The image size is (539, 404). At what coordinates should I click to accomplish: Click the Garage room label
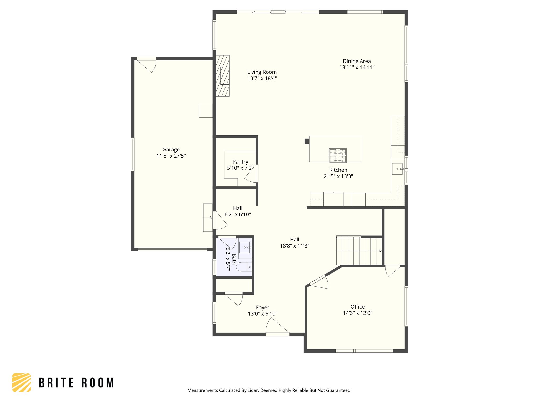click(171, 150)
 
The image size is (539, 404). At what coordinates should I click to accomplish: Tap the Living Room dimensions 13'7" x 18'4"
click(262, 78)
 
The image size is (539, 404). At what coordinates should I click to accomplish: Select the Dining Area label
click(357, 61)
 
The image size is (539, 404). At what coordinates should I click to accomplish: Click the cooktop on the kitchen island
click(338, 155)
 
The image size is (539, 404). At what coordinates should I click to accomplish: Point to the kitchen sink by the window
click(397, 169)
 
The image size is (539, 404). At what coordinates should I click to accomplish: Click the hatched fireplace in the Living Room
click(223, 76)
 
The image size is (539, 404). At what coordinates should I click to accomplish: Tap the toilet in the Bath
click(244, 267)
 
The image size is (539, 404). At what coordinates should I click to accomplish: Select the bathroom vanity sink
click(245, 248)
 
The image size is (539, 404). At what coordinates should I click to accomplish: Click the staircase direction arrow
click(380, 251)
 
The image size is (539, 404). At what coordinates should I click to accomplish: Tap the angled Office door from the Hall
click(319, 283)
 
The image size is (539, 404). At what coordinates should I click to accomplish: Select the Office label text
click(357, 307)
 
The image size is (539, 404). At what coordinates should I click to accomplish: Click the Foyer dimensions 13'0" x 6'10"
click(262, 314)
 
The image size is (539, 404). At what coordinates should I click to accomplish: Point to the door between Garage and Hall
click(221, 221)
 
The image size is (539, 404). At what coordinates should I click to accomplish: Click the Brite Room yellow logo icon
click(22, 382)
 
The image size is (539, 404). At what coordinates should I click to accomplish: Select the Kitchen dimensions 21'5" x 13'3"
click(338, 176)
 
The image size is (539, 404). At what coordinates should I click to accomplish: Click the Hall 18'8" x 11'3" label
click(295, 243)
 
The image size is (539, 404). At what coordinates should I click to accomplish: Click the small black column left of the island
click(307, 141)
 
